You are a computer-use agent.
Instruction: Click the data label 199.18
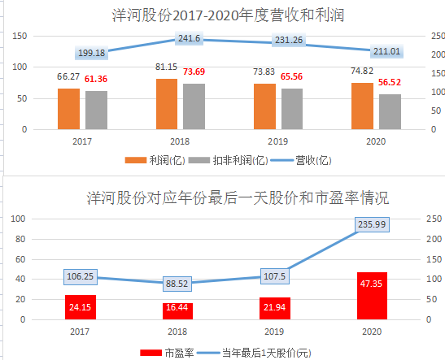tap(92, 53)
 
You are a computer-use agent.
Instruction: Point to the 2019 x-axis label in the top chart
tap(278, 140)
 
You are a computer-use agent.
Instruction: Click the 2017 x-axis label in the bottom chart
tap(80, 331)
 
